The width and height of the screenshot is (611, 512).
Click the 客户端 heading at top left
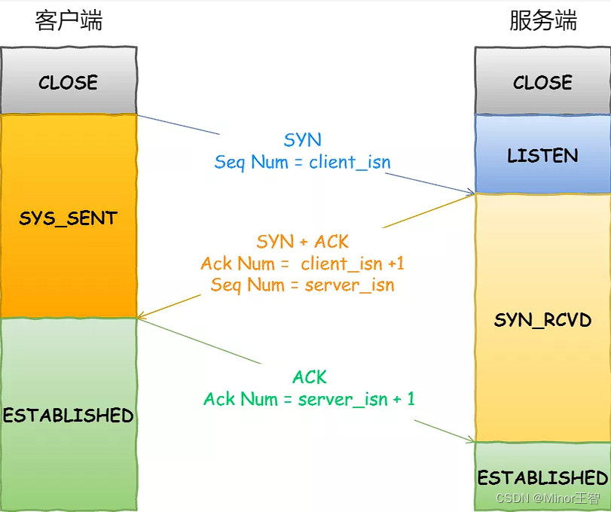(69, 20)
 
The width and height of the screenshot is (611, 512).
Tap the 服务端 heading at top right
(542, 20)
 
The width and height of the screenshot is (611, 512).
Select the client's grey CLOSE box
(69, 81)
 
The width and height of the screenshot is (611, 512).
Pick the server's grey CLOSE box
(542, 81)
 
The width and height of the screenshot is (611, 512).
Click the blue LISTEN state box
(542, 155)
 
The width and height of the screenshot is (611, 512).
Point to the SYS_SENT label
(69, 218)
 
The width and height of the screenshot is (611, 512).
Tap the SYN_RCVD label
(542, 320)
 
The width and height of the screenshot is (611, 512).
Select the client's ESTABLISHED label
(69, 415)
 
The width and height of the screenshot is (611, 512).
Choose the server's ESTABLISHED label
(542, 477)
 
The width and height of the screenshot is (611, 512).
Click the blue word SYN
(302, 139)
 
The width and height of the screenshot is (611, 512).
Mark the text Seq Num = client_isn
(302, 162)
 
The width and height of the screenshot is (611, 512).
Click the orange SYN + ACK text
(302, 242)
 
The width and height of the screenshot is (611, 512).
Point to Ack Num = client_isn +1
(302, 264)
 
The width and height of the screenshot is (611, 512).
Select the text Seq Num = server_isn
(302, 285)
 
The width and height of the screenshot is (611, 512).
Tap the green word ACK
(310, 376)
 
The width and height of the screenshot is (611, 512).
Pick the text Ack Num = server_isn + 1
(309, 398)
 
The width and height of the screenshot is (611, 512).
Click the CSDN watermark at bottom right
(548, 498)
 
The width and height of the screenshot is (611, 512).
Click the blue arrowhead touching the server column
(471, 194)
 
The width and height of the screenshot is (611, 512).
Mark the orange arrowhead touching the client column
(142, 316)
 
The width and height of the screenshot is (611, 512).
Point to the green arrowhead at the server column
(471, 441)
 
